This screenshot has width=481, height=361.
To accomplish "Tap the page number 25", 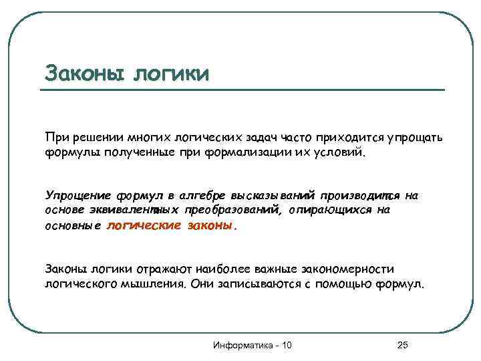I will [402, 345].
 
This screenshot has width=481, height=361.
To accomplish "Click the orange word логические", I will [144, 225].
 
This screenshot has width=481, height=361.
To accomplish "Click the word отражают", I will [162, 269].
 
